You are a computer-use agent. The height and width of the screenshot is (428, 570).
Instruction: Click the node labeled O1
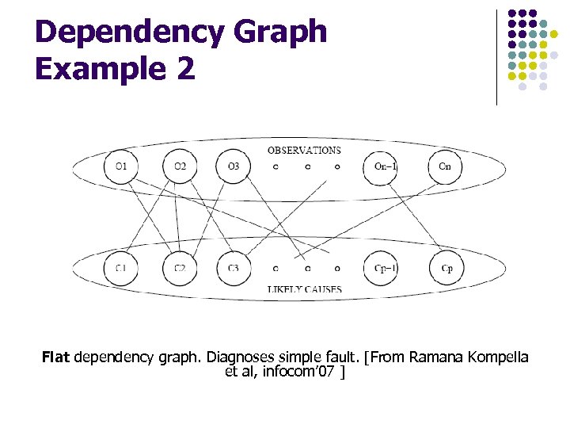pyautogui.click(x=120, y=166)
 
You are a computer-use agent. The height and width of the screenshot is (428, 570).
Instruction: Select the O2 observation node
pyautogui.click(x=180, y=166)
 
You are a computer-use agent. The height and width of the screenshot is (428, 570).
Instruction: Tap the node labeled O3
pyautogui.click(x=232, y=166)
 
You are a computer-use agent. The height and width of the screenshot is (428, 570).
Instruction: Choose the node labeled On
pyautogui.click(x=444, y=166)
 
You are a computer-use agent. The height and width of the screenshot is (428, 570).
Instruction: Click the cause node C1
pyautogui.click(x=120, y=268)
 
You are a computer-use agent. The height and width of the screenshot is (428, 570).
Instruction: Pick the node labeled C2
pyautogui.click(x=180, y=268)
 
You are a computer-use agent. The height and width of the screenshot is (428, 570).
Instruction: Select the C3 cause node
pyautogui.click(x=232, y=268)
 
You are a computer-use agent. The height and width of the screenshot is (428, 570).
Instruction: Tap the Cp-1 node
pyautogui.click(x=386, y=268)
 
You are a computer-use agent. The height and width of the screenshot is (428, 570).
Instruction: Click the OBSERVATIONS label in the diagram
pyautogui.click(x=304, y=150)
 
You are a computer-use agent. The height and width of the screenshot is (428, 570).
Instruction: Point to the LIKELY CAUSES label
pyautogui.click(x=304, y=290)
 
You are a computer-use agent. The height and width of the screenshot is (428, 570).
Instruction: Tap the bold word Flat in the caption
pyautogui.click(x=56, y=357)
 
